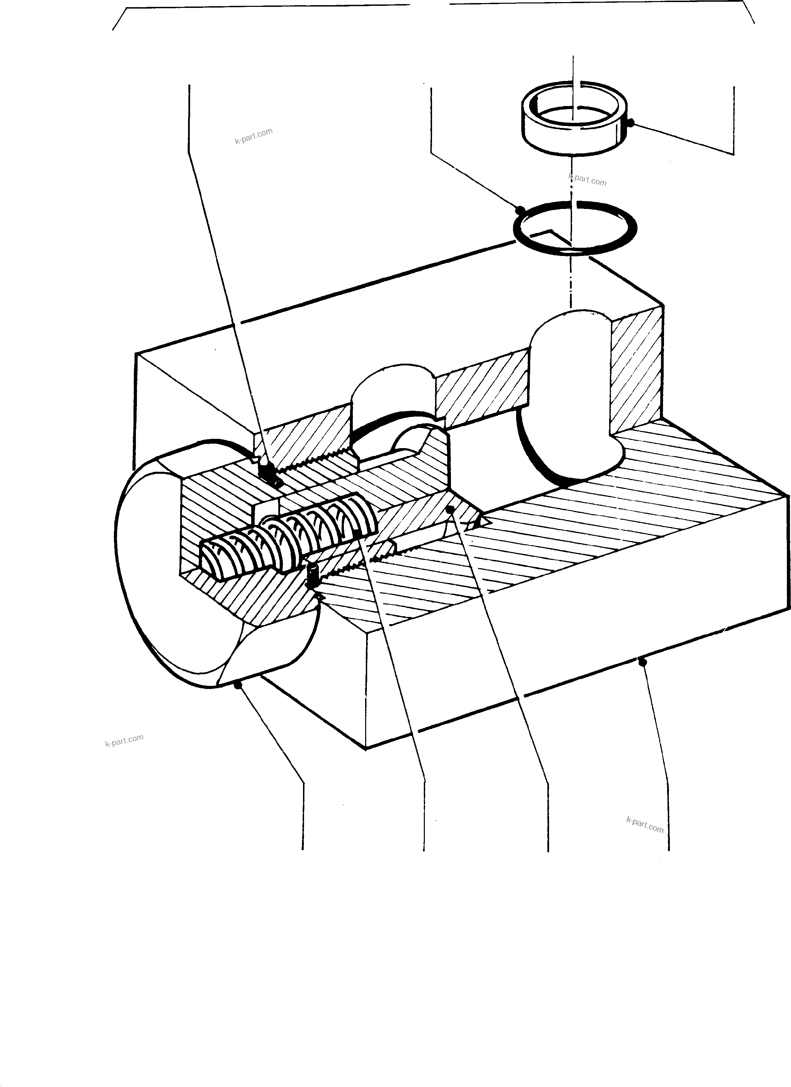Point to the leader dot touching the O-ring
pos(519,209)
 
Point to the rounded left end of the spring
pos(211,558)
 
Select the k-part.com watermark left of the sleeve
pos(254,136)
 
